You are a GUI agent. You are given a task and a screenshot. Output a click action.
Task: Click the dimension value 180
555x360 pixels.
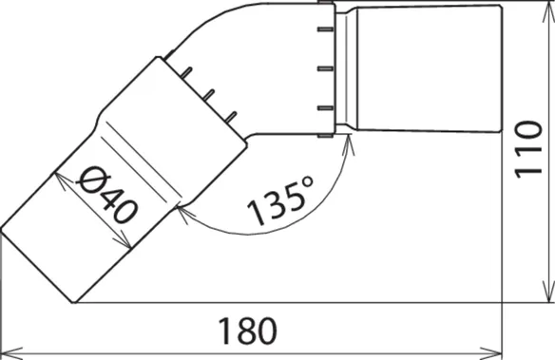tap(247, 331)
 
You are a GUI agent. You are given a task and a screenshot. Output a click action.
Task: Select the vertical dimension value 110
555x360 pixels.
tap(528, 149)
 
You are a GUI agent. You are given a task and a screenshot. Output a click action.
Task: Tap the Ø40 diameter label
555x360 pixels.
tap(106, 194)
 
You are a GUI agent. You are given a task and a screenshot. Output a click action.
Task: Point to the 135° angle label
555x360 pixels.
tap(280, 199)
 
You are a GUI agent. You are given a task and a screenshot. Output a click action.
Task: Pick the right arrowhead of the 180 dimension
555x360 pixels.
tap(491, 353)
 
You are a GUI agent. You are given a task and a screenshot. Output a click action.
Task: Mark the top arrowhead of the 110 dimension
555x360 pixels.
tap(548, 12)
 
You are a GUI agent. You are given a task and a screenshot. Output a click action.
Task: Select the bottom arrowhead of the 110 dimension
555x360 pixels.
tap(548, 292)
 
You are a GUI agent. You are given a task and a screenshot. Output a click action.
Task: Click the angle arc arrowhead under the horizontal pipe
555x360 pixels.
tap(348, 145)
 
